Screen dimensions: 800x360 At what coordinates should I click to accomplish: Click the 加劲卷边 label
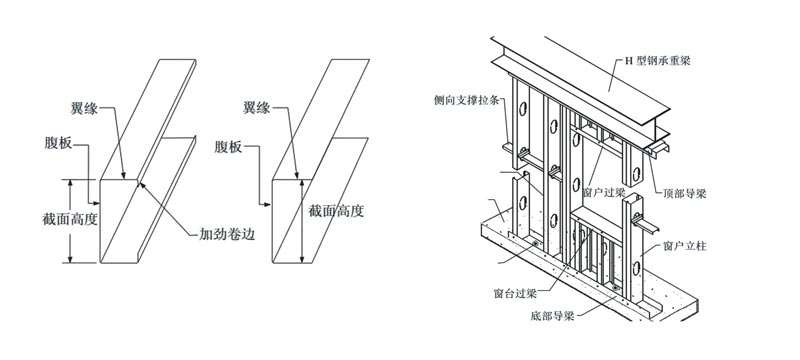(x=227, y=235)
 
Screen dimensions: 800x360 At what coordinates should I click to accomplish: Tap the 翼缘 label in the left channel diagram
(x=84, y=108)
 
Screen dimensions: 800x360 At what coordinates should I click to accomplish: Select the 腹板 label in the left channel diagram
(x=58, y=144)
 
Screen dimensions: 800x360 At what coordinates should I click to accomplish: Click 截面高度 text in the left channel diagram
(x=70, y=220)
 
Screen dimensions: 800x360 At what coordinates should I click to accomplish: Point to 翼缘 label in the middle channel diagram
(x=257, y=108)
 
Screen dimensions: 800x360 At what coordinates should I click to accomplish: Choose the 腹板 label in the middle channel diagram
(x=228, y=148)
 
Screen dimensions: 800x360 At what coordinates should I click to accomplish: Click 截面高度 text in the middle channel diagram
(x=336, y=211)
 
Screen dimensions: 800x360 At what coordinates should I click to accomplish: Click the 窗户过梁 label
(x=604, y=193)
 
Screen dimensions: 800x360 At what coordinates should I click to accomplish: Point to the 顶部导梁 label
(x=685, y=194)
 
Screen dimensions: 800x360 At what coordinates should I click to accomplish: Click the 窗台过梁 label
(x=514, y=294)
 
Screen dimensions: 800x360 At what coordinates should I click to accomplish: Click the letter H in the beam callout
(x=629, y=61)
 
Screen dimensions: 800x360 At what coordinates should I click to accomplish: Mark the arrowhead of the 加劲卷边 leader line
(x=141, y=184)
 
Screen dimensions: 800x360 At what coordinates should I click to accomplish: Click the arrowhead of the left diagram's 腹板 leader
(x=97, y=202)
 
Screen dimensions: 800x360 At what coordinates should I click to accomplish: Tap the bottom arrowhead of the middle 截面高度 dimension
(x=303, y=259)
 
